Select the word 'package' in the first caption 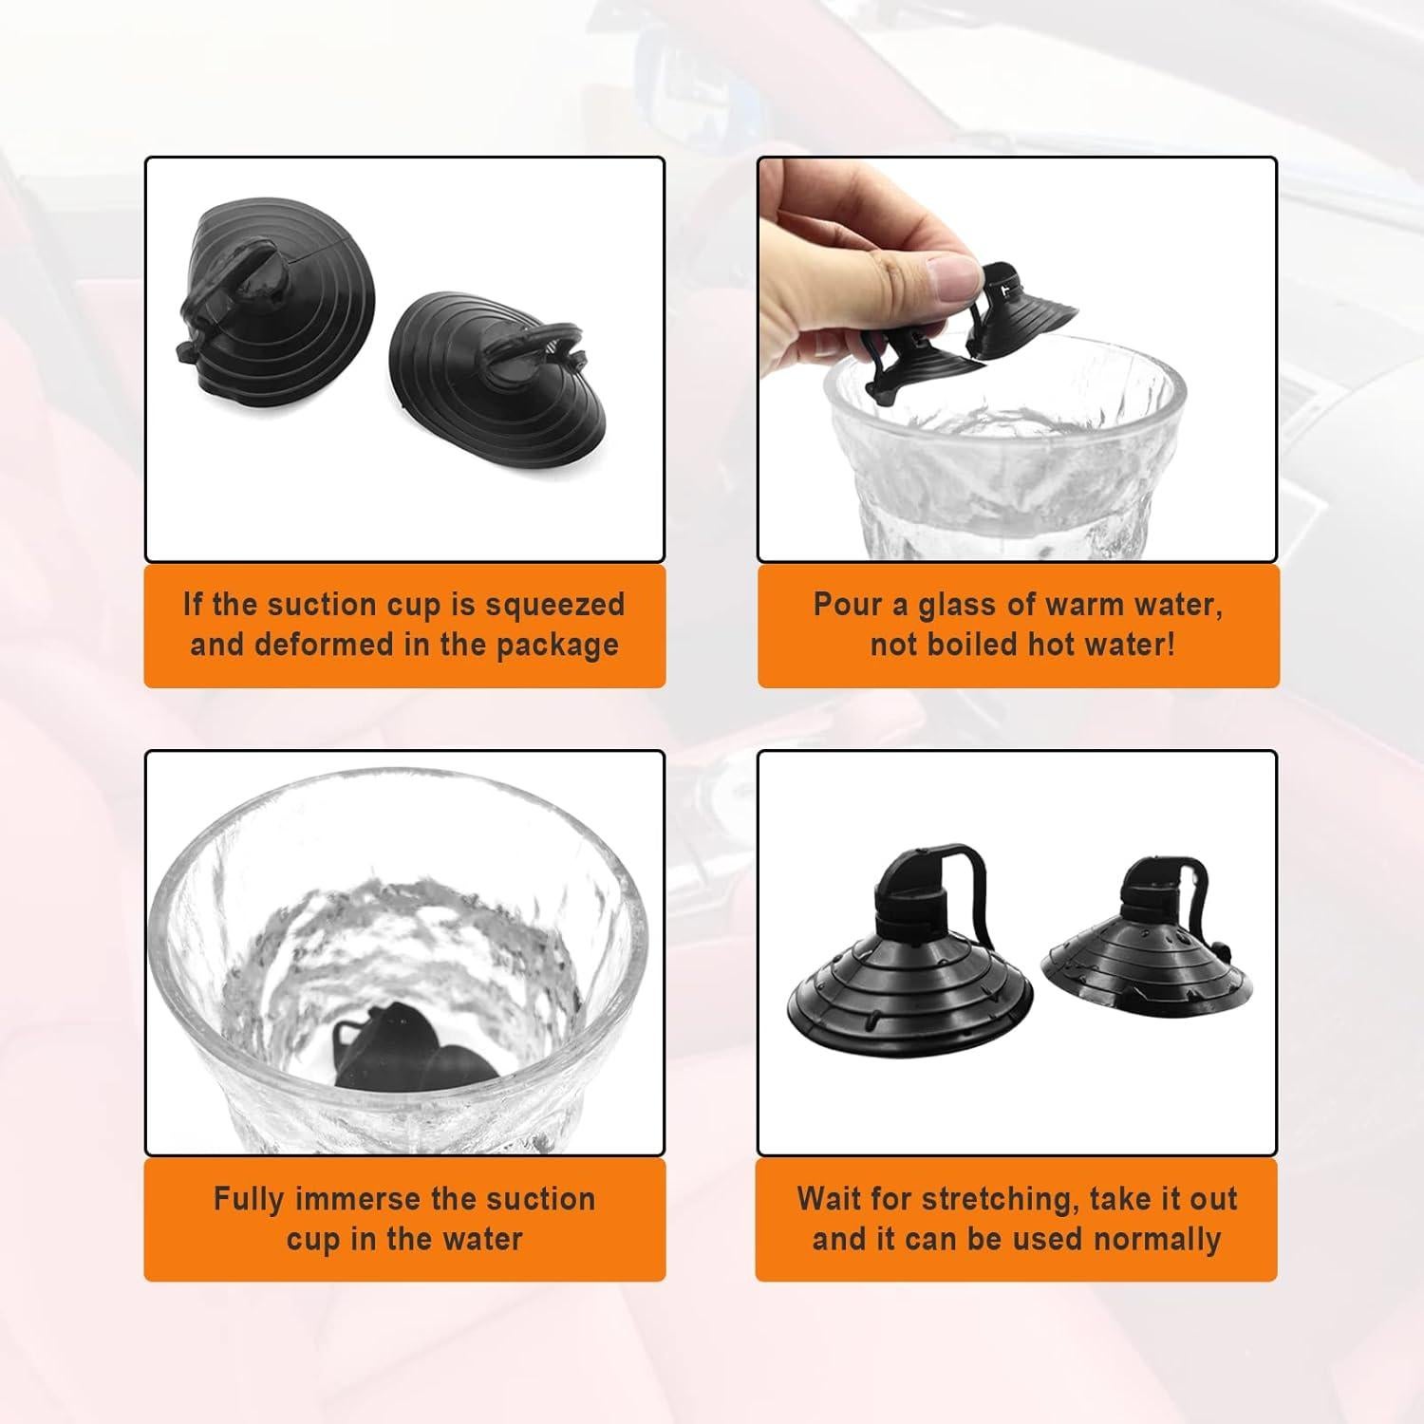click(557, 646)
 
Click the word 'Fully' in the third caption click(249, 1199)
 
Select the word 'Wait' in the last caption click(831, 1199)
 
